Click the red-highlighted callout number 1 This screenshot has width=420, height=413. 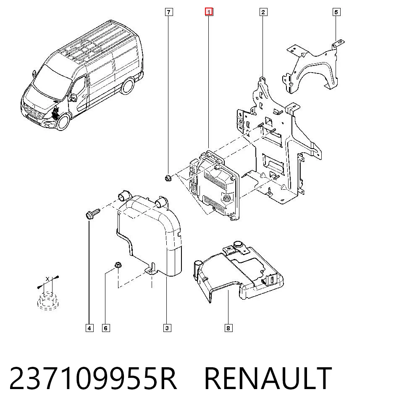[209, 12]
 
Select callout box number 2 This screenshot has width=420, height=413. [263, 12]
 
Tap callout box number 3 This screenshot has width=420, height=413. [167, 328]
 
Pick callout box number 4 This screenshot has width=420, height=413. [89, 328]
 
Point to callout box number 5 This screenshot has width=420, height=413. [336, 12]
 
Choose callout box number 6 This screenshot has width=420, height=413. [106, 328]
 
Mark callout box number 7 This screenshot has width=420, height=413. [168, 12]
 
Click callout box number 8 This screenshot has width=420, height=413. [228, 328]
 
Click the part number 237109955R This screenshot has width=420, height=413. [93, 379]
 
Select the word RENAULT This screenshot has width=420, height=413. [268, 379]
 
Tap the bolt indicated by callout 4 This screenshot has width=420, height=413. [92, 214]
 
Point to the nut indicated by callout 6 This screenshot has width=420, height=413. [118, 265]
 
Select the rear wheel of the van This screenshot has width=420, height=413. [128, 86]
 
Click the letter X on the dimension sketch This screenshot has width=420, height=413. [47, 279]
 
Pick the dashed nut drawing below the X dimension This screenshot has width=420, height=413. [48, 301]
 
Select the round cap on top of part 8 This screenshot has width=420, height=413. [238, 244]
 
